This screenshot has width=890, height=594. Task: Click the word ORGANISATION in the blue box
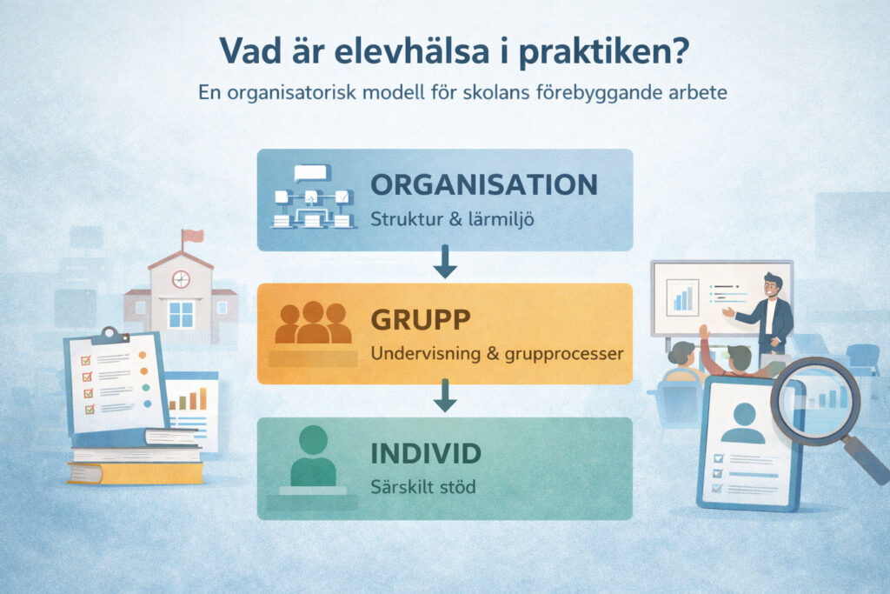[484, 184]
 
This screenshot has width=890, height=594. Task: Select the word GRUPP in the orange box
[421, 320]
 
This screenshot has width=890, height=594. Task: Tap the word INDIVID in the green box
[425, 454]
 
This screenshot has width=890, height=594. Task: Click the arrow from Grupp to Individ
[445, 397]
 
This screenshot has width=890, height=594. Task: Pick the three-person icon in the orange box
[313, 323]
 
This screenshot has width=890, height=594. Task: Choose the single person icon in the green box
[313, 456]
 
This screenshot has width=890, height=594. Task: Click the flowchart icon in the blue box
[314, 199]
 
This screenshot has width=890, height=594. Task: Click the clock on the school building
[181, 279]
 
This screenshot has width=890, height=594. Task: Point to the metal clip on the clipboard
[110, 334]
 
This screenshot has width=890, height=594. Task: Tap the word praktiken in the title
[602, 51]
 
